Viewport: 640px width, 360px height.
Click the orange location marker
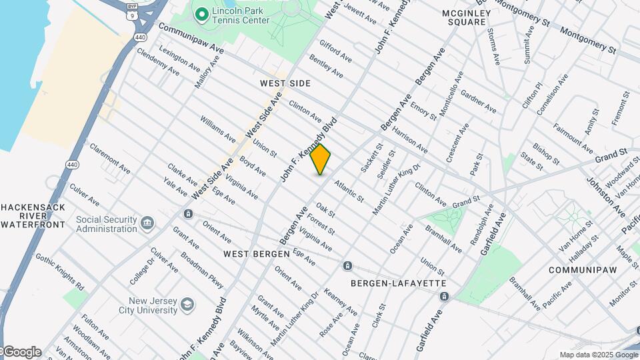(x=321, y=159)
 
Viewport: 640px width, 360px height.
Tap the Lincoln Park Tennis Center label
(x=241, y=15)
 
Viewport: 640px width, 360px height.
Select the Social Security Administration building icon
(x=147, y=222)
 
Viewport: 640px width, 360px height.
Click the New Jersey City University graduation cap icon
(x=188, y=305)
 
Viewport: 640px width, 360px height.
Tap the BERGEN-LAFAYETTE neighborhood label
(x=399, y=283)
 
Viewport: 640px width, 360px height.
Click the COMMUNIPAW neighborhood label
(x=579, y=270)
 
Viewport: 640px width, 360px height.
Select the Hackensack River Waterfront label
(x=33, y=216)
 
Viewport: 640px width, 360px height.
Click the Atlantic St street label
(x=349, y=191)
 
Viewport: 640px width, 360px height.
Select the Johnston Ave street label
(x=605, y=197)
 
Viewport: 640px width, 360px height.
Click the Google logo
(x=21, y=352)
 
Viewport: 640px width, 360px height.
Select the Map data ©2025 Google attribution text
(x=598, y=355)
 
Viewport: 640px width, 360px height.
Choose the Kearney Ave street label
(x=340, y=302)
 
